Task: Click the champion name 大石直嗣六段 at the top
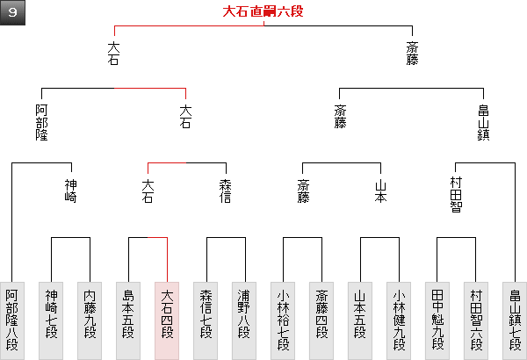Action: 263,12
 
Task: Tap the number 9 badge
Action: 14,13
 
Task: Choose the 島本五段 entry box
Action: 128,320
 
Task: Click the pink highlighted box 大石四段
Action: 167,320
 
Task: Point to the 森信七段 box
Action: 206,320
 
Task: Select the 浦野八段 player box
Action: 244,320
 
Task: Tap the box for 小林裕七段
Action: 283,320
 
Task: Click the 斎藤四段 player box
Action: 321,320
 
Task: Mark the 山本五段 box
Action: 360,320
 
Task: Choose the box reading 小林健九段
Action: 399,320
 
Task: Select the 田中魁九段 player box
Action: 437,320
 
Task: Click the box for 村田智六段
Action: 476,320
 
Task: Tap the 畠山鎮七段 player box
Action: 515,320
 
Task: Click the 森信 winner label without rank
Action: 225,191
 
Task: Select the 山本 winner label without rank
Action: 379,191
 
